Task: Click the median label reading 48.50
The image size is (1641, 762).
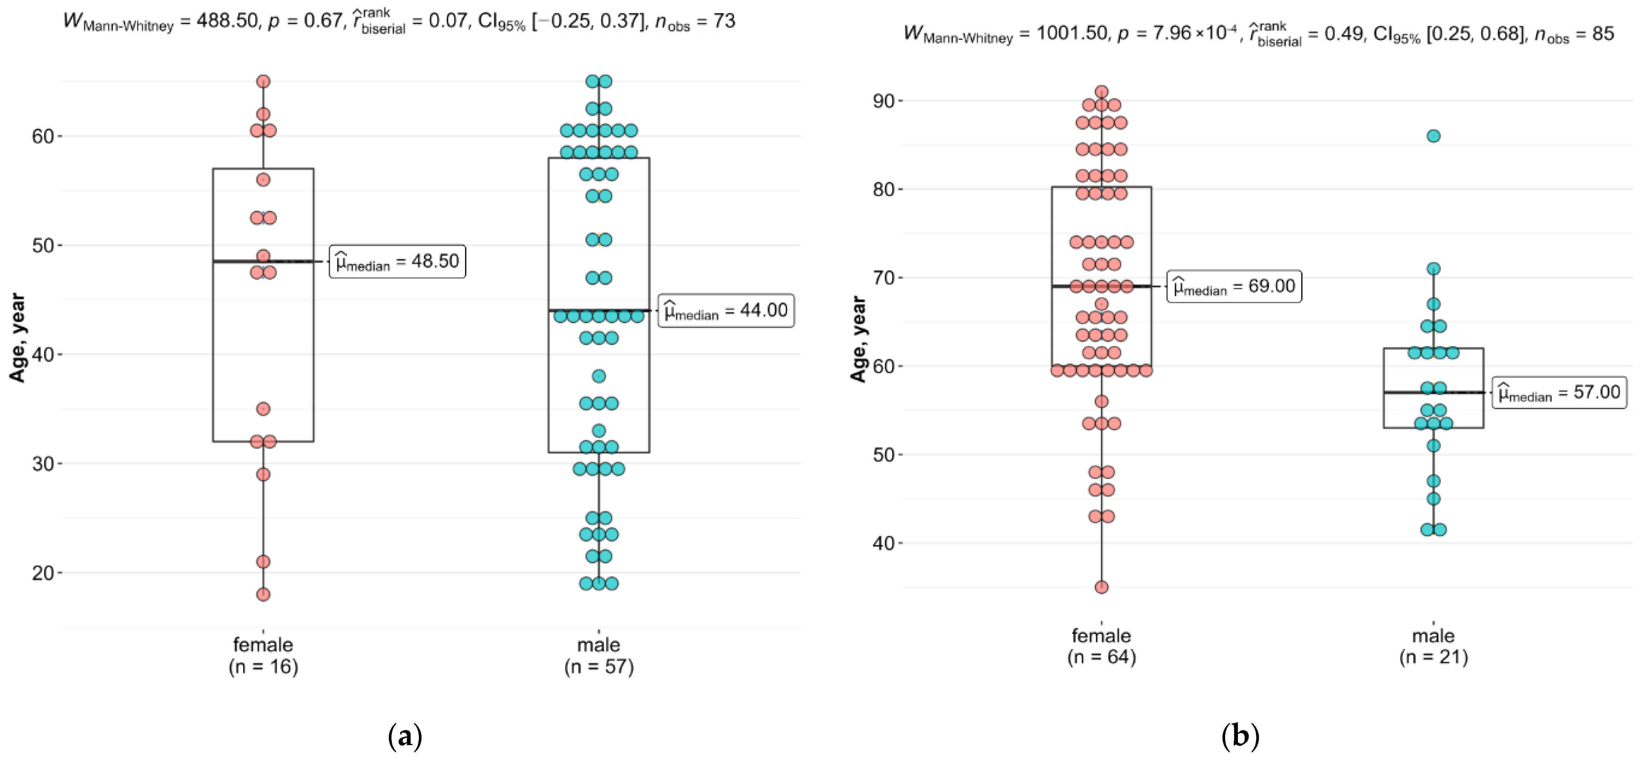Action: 397,261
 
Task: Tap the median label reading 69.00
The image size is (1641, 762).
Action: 1234,286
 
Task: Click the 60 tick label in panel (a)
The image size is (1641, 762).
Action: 43,136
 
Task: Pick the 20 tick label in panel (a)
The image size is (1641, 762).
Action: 43,573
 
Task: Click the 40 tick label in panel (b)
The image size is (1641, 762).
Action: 884,544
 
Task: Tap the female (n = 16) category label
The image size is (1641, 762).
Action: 263,656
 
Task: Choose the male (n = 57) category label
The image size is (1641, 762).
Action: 599,656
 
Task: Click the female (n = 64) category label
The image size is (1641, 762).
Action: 1101,646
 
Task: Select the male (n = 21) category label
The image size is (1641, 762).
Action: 1433,646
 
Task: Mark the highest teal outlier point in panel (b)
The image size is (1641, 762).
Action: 1433,136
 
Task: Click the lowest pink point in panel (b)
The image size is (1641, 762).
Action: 1101,587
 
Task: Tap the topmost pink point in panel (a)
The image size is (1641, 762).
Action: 263,81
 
